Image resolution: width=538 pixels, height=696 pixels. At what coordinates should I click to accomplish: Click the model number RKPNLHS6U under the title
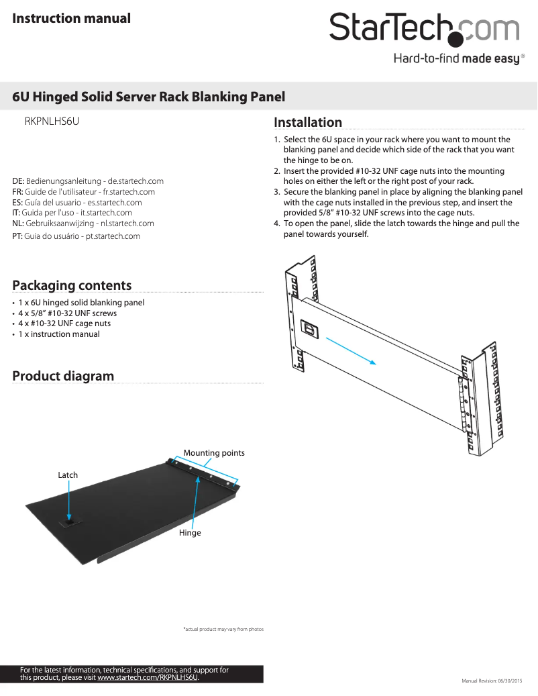(52, 122)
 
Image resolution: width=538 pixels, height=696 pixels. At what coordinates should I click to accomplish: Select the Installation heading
(308, 122)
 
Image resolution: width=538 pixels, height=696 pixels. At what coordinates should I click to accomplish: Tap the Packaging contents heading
(72, 285)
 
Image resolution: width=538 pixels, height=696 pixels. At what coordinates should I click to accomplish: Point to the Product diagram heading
(63, 376)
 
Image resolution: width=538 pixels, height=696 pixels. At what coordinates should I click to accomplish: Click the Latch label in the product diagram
(68, 475)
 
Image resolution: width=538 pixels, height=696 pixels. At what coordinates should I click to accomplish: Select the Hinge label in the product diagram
(190, 533)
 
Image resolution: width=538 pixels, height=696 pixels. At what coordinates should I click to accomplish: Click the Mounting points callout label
(214, 453)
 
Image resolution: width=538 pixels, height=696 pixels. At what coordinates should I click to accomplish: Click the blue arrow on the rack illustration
(350, 350)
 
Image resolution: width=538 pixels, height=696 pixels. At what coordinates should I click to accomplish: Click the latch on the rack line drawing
(311, 329)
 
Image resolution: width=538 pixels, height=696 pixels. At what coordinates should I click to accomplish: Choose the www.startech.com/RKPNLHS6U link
(148, 678)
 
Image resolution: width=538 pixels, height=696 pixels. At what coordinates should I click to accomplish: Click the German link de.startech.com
(136, 181)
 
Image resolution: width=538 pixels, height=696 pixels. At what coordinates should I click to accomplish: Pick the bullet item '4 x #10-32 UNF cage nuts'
(64, 324)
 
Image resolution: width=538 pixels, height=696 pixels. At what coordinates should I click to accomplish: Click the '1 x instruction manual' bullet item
(59, 334)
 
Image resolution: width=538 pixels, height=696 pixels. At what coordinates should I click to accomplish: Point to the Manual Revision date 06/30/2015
(495, 681)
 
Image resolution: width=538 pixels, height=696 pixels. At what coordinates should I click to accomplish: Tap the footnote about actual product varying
(223, 630)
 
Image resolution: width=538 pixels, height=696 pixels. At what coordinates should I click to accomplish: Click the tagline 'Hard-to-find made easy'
(456, 59)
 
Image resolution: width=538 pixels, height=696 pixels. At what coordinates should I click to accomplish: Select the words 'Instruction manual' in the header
(71, 18)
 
